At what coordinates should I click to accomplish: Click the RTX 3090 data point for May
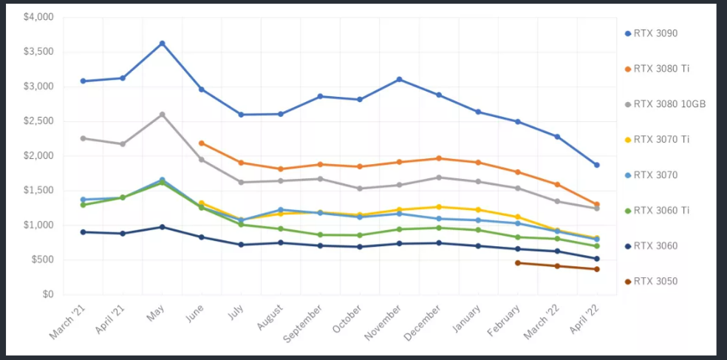coord(162,44)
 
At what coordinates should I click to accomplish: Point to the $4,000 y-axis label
coord(38,16)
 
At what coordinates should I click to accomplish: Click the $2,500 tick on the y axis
coord(38,120)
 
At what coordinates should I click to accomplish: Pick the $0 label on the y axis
coord(48,294)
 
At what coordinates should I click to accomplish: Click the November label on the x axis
coord(384,322)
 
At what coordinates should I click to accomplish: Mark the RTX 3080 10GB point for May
coord(162,115)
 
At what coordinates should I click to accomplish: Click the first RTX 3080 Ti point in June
coord(202,143)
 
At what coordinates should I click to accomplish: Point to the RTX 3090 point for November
coord(399,79)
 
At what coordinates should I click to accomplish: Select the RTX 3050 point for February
coord(518,262)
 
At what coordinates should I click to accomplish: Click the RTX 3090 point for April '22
coord(597,165)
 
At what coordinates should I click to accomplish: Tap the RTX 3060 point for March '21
coord(83,232)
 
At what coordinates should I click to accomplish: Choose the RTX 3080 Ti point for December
coord(439,158)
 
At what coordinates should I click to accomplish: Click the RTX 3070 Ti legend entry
coord(661,140)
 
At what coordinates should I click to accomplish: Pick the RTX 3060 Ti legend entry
coord(661,211)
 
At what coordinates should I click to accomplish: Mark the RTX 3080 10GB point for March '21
coord(83,138)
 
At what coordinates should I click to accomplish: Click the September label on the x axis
coord(302,324)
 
